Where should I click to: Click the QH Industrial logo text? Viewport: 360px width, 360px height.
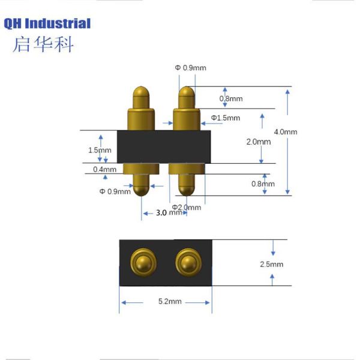point(47,24)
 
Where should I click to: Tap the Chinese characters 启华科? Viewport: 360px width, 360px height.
point(43,45)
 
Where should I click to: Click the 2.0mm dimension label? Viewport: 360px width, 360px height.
point(259,142)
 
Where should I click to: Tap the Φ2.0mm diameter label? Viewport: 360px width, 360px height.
point(187,207)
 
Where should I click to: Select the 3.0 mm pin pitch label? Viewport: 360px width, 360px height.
point(169,213)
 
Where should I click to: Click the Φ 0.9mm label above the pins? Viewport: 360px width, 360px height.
point(190,68)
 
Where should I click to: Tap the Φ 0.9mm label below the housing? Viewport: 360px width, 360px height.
point(115,191)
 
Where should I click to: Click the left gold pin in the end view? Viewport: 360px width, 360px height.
point(143,262)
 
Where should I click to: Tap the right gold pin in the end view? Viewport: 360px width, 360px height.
point(187,262)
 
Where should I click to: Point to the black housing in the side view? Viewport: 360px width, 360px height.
point(164,146)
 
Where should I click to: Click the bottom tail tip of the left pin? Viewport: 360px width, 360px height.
point(142,191)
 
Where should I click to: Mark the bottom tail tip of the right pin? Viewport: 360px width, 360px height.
point(187,190)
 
